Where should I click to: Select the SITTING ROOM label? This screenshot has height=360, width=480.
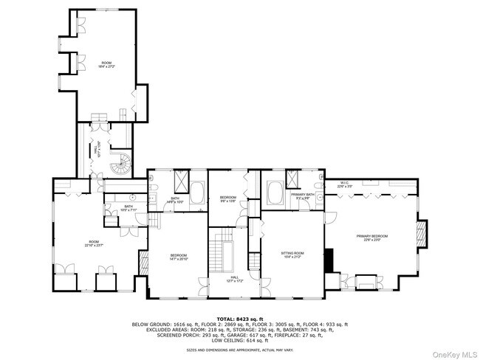click(x=292, y=254)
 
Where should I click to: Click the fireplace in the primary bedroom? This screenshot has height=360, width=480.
click(x=422, y=232)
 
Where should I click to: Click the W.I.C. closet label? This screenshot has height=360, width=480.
click(x=345, y=185)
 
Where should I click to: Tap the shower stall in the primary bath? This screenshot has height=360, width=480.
click(x=292, y=178)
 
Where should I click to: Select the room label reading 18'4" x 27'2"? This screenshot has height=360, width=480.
click(x=107, y=66)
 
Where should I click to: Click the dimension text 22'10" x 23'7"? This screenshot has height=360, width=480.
click(x=94, y=245)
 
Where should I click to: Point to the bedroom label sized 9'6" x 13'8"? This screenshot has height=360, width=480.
click(x=227, y=199)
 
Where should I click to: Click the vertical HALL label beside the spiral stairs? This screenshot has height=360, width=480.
click(x=96, y=149)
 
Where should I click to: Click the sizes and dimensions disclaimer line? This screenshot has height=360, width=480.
click(x=239, y=350)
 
